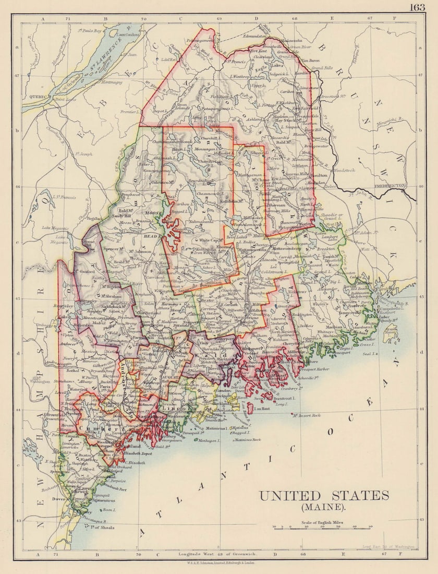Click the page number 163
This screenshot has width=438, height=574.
417,7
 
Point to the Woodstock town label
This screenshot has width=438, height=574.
344,170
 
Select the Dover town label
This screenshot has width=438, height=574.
59,499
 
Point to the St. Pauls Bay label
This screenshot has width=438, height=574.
89,31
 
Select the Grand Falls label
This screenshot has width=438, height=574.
322,68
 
